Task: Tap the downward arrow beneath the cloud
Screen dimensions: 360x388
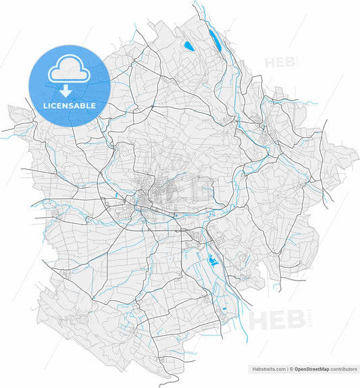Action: [x=66, y=91]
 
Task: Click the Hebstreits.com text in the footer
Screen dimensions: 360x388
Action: [x=267, y=369]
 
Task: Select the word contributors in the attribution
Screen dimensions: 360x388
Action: [x=343, y=369]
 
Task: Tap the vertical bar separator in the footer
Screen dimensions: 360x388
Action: [x=287, y=369]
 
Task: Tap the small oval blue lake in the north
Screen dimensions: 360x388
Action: [x=187, y=46]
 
